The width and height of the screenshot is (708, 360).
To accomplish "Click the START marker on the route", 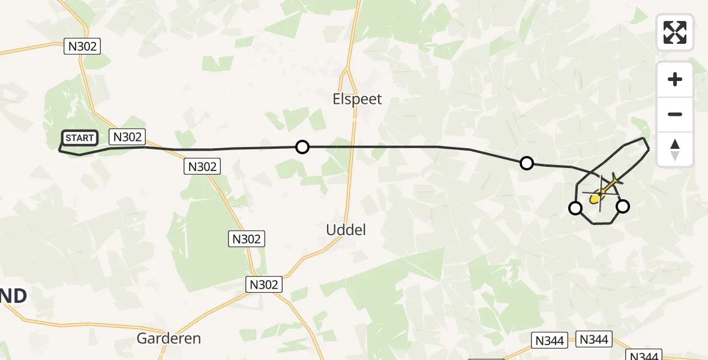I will coord(79,138).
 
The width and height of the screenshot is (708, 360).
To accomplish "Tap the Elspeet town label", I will coord(357,99).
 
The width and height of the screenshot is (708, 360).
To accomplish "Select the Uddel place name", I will coord(346,229).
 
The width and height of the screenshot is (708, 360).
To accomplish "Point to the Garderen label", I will coord(169,338).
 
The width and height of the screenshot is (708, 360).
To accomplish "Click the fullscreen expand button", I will coord(675,32).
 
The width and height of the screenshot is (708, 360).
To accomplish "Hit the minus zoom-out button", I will coord(675,114).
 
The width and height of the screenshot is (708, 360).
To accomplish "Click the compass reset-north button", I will coord(675,149).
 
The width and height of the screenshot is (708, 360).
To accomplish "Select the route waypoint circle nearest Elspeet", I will coord(302,147).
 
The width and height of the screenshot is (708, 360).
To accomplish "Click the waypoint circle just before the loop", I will coord(526,163).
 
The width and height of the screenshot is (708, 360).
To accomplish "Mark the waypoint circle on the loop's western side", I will coord(575,208).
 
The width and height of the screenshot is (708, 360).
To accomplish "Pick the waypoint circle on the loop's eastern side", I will coord(623,206).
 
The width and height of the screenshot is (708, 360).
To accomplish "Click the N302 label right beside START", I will coord(127,137).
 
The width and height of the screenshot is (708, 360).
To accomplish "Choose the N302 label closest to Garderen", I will coord(264,284).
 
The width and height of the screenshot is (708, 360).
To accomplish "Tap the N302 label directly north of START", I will coord(81,46).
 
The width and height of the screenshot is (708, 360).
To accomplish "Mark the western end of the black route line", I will coord(59,150).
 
